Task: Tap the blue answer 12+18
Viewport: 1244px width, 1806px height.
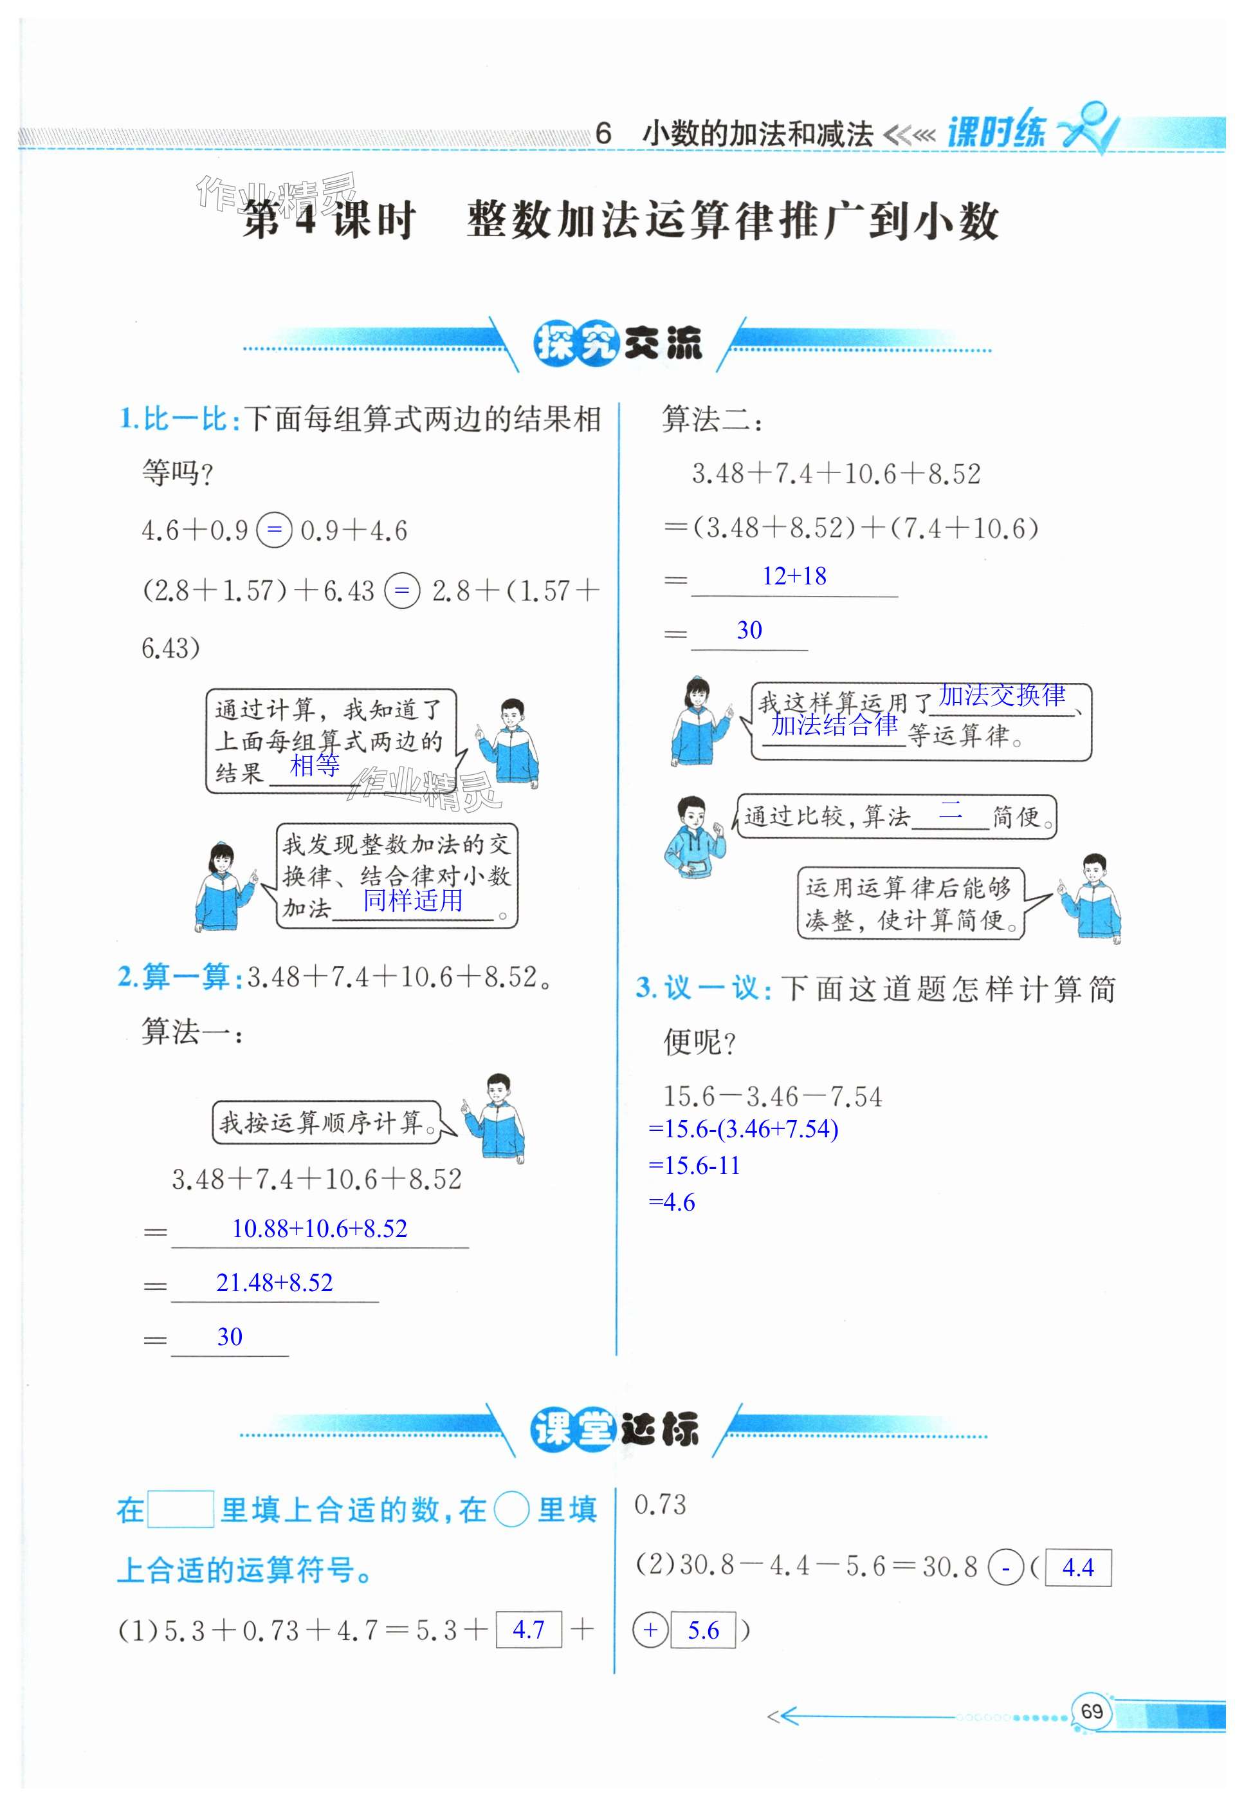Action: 794,576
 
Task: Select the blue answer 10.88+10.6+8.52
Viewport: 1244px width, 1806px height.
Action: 320,1228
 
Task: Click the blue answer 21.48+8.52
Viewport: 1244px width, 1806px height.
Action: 275,1282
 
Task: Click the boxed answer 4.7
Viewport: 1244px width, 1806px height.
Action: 529,1629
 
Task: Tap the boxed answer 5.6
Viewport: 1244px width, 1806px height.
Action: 703,1630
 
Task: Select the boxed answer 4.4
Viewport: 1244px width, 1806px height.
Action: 1078,1567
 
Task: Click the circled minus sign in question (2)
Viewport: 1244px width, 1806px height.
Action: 1005,1567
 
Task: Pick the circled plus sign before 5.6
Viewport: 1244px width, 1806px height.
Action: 651,1630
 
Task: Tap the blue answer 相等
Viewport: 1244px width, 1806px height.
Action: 315,766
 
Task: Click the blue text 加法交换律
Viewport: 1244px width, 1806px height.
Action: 1002,695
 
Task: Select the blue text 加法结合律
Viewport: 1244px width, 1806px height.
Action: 834,725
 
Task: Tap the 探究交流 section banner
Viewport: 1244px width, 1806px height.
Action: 617,343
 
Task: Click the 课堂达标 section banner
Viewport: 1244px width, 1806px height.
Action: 615,1429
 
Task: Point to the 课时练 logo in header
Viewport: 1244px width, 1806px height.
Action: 998,131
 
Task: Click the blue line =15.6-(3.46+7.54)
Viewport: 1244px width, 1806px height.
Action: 743,1128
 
